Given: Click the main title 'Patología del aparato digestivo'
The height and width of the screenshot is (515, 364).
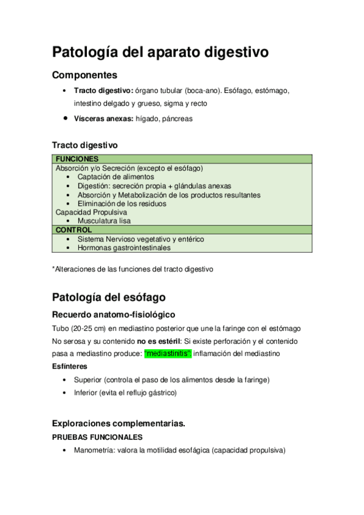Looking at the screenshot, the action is (160, 52).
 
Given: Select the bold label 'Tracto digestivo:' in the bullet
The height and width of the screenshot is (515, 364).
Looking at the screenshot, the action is (103, 90).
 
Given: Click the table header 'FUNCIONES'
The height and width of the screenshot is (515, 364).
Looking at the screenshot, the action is (77, 159).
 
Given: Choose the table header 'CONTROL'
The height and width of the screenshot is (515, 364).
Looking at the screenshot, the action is (74, 230).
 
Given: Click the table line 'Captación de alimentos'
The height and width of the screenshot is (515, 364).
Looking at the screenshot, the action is (115, 177).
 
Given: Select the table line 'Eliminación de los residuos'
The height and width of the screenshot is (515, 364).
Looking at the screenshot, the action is (122, 204).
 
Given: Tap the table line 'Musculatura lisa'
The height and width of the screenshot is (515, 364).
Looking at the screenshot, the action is (104, 222).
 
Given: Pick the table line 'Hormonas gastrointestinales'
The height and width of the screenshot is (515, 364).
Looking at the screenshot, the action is (124, 248).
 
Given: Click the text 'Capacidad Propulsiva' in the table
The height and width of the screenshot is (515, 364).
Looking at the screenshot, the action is (91, 213).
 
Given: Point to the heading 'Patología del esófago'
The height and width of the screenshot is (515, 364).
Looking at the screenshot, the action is (109, 298).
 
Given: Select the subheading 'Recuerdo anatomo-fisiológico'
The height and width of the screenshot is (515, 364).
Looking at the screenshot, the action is (114, 315).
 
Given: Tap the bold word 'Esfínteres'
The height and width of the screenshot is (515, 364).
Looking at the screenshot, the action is (70, 367).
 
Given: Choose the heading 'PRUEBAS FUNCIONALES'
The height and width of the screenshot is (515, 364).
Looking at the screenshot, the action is (97, 437).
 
